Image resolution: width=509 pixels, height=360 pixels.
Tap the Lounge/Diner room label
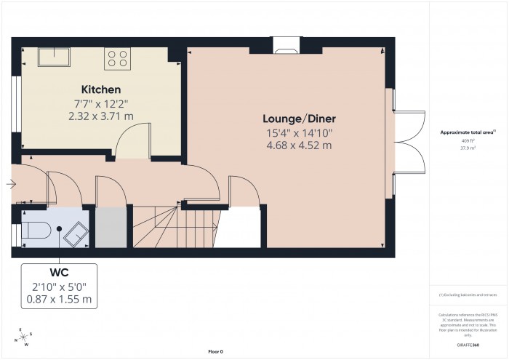(300, 119)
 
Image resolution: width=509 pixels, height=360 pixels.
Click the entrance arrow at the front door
(10, 184)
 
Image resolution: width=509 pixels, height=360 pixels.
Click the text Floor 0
(215, 351)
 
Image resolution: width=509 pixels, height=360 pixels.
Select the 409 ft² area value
(468, 140)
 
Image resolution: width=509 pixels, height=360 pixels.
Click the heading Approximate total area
(468, 132)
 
